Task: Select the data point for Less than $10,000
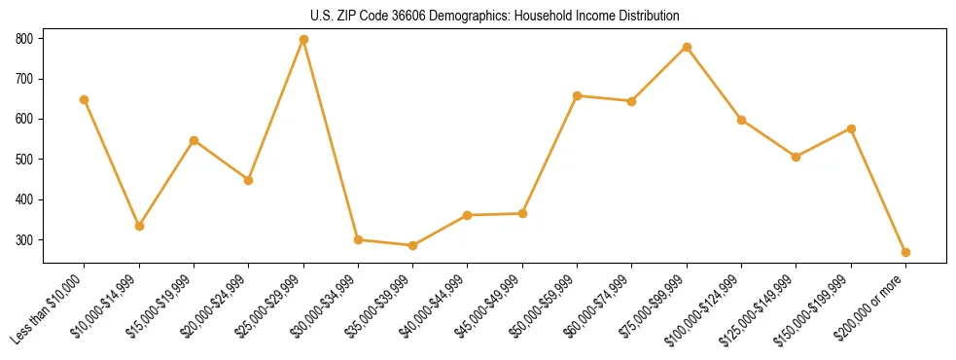pyautogui.click(x=85, y=99)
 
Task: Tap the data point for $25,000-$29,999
pyautogui.click(x=303, y=39)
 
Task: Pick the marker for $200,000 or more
pyautogui.click(x=905, y=252)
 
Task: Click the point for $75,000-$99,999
pyautogui.click(x=687, y=47)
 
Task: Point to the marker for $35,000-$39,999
pyautogui.click(x=413, y=245)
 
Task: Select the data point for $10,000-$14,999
pyautogui.click(x=139, y=226)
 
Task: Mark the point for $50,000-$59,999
pyautogui.click(x=578, y=95)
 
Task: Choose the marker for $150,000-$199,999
pyautogui.click(x=851, y=128)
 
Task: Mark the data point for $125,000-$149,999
pyautogui.click(x=797, y=157)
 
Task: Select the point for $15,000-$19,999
pyautogui.click(x=194, y=140)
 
